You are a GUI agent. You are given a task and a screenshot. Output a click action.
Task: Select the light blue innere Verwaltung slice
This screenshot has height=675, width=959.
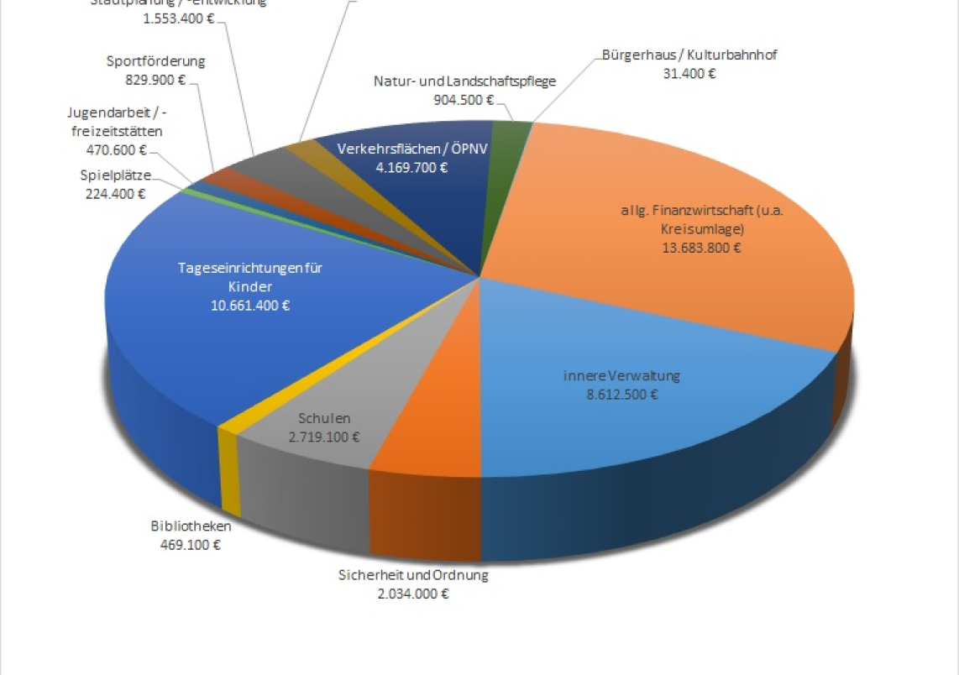638,420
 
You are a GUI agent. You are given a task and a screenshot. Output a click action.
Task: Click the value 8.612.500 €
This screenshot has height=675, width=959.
621,394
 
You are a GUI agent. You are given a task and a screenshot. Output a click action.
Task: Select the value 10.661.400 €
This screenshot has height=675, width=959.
250,306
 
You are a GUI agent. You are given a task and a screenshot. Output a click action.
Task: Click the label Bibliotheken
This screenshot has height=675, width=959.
191,526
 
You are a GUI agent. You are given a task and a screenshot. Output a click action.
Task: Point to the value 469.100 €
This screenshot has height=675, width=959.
191,544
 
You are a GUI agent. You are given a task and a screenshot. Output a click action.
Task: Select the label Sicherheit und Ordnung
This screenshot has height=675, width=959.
413,575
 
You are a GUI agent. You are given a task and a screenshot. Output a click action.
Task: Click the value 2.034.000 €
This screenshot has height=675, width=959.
413,593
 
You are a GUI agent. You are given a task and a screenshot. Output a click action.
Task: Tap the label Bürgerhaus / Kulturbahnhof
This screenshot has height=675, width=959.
688,55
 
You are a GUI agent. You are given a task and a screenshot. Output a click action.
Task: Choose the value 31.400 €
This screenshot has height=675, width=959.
689,73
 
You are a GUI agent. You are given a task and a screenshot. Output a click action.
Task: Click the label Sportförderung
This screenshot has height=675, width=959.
156,61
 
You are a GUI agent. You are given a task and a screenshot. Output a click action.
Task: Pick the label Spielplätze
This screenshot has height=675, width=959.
116,175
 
